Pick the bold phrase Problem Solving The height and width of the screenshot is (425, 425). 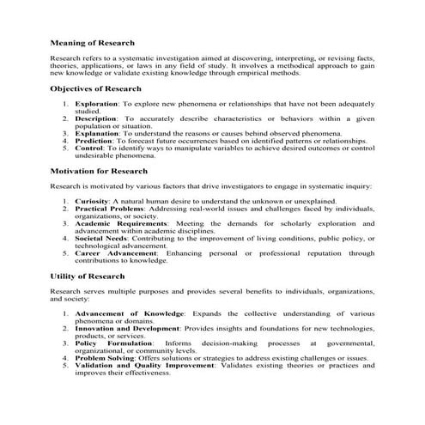[x=105, y=359]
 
